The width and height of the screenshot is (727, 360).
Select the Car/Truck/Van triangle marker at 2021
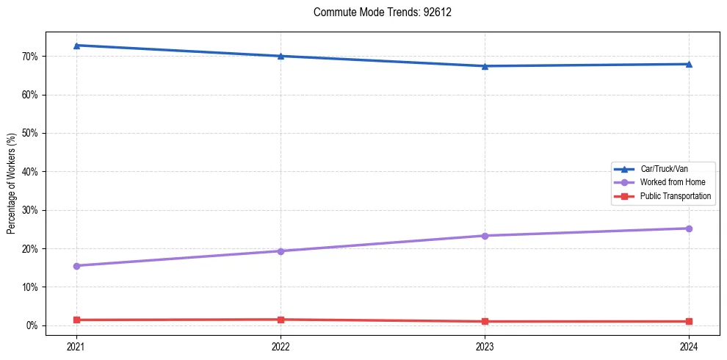tap(76, 46)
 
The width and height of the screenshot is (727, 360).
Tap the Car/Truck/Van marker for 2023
tap(485, 66)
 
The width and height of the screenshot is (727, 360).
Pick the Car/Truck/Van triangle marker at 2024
tap(689, 64)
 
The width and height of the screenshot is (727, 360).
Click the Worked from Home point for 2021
tap(76, 266)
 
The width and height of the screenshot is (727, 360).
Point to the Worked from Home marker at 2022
tap(281, 251)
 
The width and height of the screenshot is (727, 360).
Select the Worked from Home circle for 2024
tap(689, 228)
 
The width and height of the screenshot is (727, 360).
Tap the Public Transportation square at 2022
tap(281, 320)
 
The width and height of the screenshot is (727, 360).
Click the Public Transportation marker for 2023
tap(485, 321)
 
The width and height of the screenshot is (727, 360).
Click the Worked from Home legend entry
tap(669, 182)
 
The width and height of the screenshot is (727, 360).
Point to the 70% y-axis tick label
tap(29, 57)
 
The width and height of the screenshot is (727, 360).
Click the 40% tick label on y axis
tap(29, 172)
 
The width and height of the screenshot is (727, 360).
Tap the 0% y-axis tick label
tap(32, 325)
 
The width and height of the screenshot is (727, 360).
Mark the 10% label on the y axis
tap(29, 287)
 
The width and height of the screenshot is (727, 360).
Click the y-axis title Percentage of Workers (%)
tap(11, 184)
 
